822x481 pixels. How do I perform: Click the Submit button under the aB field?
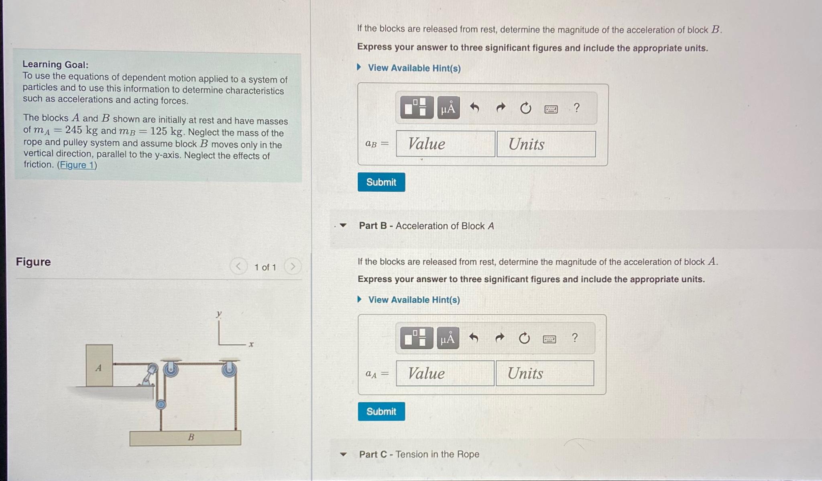point(381,182)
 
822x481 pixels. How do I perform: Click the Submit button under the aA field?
point(381,412)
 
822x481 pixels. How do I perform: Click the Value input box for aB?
point(445,144)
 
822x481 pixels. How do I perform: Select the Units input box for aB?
point(546,144)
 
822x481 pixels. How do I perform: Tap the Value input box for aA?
point(445,373)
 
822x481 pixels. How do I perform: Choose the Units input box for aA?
point(545,373)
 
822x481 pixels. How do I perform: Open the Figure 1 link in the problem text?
point(77,165)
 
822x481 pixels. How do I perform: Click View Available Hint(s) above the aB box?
point(414,68)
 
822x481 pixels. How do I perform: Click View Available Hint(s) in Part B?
point(414,300)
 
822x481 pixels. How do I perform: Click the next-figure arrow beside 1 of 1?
point(293,266)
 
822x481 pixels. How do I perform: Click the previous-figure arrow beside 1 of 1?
point(238,266)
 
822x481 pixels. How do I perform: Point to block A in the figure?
point(99,366)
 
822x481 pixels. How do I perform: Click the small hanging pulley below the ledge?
point(161,404)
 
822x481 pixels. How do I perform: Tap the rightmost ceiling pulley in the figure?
point(229,369)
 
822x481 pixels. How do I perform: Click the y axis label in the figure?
point(219,314)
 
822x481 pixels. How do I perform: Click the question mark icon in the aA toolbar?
point(575,338)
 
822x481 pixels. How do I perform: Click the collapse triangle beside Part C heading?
point(343,455)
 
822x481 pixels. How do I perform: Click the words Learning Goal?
point(55,64)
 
